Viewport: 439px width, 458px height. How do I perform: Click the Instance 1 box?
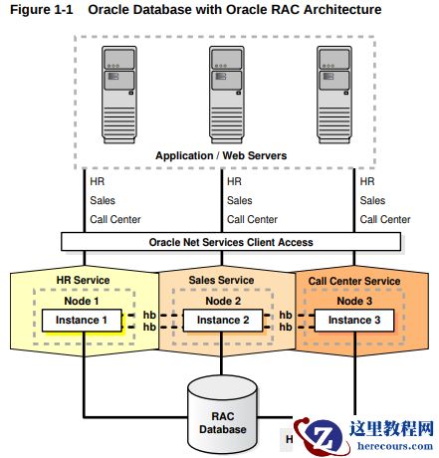(82, 321)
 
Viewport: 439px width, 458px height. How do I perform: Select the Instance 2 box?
(223, 321)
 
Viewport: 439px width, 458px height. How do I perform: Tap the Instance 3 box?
(354, 321)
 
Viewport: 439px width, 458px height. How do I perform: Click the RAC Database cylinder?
(222, 417)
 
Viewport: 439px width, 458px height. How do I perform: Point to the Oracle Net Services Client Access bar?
(231, 242)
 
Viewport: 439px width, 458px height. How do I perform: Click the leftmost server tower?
(119, 95)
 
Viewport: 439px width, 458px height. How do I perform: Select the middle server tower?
(227, 95)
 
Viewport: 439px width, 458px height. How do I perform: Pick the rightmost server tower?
(334, 95)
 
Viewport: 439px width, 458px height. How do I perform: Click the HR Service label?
(83, 280)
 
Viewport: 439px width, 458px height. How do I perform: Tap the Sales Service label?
(221, 280)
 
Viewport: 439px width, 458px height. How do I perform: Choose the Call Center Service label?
(354, 281)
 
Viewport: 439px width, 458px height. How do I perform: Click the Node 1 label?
(82, 301)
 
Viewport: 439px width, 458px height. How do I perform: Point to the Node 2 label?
(223, 301)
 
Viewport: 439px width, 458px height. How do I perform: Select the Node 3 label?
(354, 301)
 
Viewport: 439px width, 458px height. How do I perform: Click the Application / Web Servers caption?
(221, 155)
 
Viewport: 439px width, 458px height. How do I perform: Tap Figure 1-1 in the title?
(42, 9)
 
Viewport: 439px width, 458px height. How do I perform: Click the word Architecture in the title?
(342, 9)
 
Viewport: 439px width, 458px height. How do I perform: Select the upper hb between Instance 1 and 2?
(149, 315)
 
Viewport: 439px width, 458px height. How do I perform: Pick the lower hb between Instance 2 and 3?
(286, 327)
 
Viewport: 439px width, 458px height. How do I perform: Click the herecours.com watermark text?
(395, 446)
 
